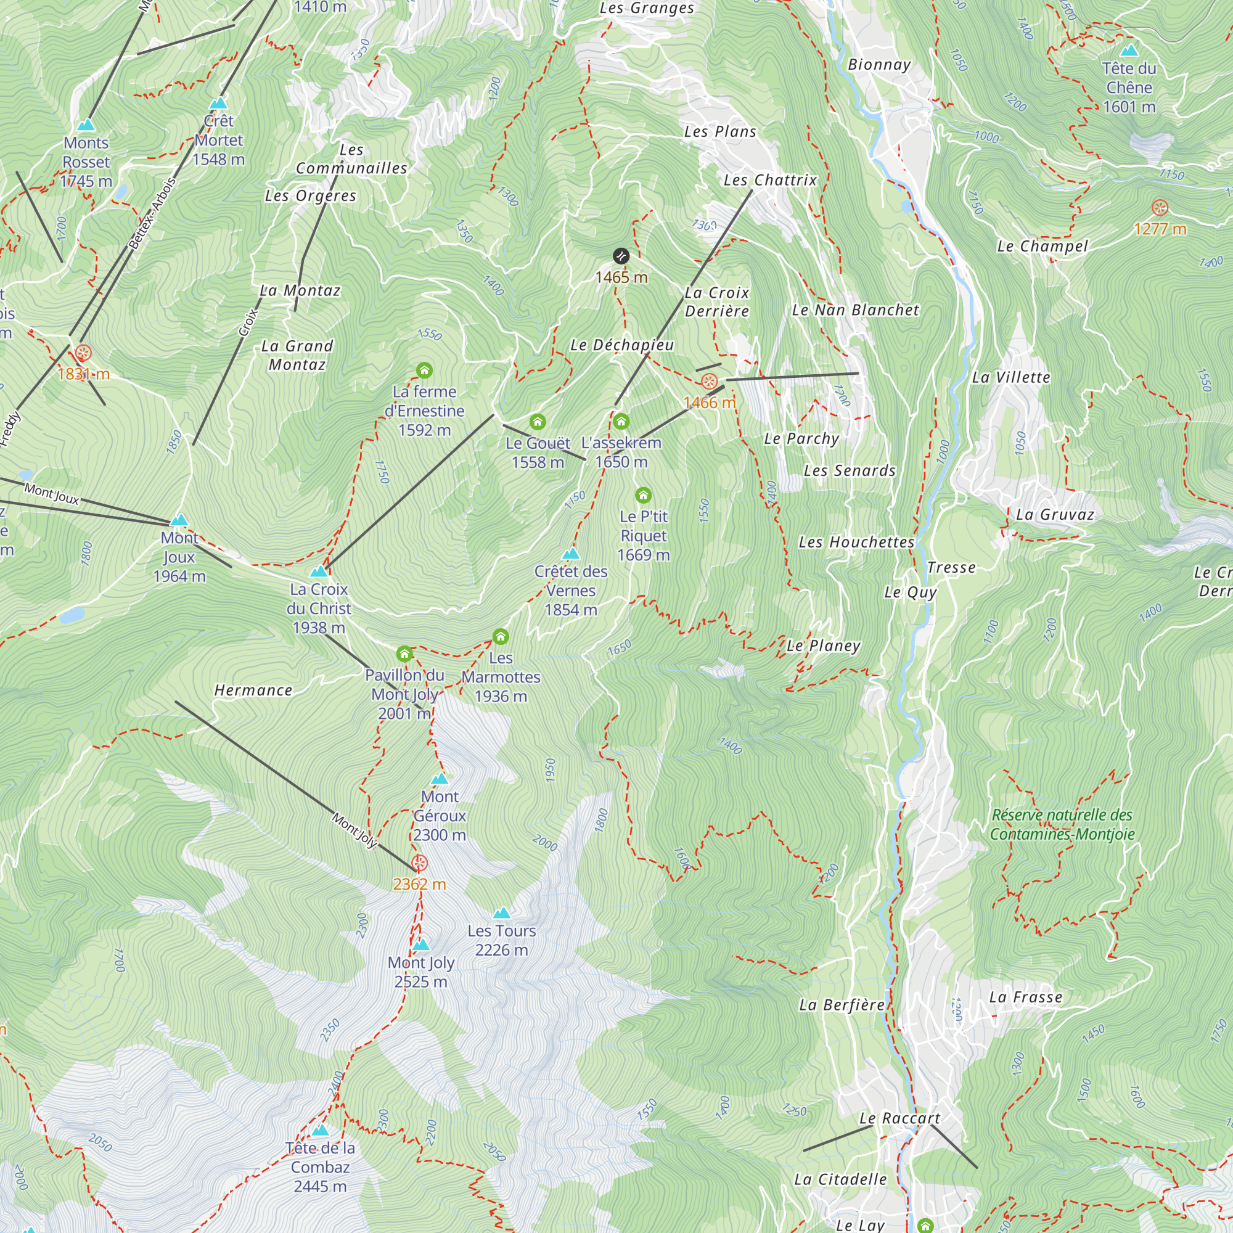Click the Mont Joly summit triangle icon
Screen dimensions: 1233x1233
[420, 944]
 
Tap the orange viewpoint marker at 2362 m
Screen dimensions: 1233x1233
[419, 864]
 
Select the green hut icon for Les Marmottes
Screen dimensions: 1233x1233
[501, 636]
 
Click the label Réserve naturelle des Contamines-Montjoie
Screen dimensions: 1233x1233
[1062, 824]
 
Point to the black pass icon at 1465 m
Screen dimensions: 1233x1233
[621, 256]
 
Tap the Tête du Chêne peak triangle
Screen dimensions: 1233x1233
[1129, 50]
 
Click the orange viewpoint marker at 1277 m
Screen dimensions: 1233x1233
[1160, 207]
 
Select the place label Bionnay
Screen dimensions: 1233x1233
[879, 65]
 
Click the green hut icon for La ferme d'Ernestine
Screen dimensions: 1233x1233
[424, 370]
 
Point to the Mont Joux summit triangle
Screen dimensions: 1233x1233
[179, 520]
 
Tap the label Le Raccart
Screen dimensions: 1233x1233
[900, 1119]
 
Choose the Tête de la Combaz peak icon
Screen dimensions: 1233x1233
[321, 1130]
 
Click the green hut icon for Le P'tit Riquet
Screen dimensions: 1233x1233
[643, 495]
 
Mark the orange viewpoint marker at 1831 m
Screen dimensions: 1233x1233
[83, 353]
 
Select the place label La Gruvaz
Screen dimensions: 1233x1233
[1055, 515]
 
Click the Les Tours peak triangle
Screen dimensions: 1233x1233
[502, 912]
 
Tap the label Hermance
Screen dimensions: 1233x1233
[253, 690]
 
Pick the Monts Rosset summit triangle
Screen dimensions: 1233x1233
[86, 125]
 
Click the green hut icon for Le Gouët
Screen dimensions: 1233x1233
[538, 422]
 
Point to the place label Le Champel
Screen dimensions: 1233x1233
[1042, 247]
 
